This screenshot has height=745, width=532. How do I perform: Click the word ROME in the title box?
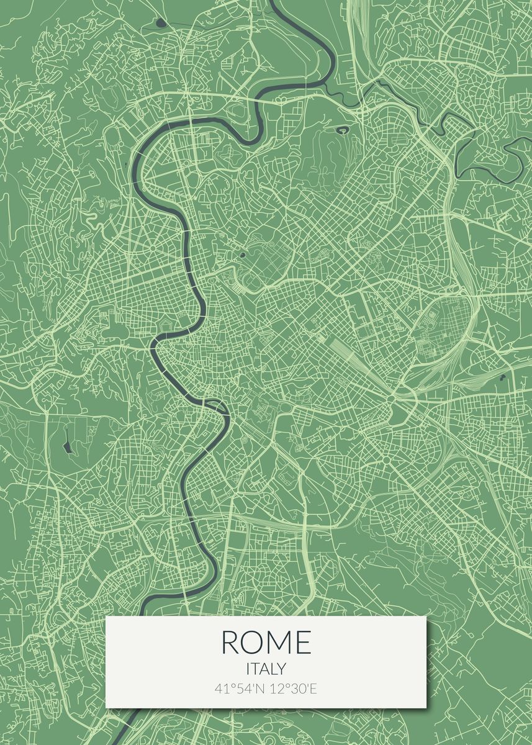coord(266,642)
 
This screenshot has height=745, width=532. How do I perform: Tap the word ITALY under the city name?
coord(266,669)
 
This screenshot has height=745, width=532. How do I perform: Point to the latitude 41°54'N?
coord(237,689)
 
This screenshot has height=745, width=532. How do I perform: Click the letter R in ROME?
coord(229,642)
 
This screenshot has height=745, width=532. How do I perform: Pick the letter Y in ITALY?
coord(282,669)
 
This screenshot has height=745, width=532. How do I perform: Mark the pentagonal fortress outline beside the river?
coord(167,325)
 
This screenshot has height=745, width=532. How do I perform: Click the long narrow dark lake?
coord(66,446)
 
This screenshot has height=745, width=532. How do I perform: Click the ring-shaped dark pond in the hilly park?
coord(342,130)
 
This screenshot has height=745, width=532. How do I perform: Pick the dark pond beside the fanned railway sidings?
coord(502,377)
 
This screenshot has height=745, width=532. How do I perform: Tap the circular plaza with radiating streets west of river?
coord(151,248)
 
